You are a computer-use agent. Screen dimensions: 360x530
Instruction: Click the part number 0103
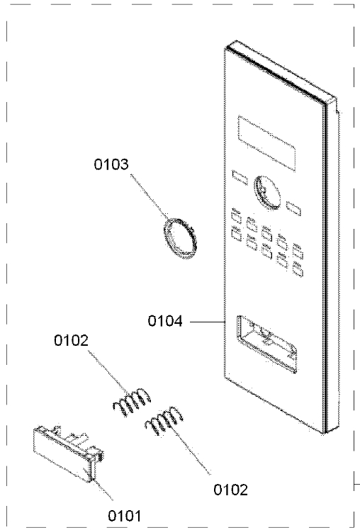coord(111,164)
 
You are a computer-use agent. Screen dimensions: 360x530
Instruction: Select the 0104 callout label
coord(165,321)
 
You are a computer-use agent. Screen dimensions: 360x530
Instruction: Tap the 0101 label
coord(125,516)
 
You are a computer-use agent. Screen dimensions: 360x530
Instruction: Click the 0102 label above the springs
coord(72,340)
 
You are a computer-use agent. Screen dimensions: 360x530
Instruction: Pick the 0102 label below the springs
coord(230,490)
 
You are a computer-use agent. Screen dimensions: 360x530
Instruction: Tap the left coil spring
coord(131,401)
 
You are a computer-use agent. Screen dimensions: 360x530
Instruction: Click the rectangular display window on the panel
coord(266,143)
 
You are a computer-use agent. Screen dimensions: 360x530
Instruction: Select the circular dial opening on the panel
coord(267,192)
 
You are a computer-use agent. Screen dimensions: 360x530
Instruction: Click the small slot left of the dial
coord(240,177)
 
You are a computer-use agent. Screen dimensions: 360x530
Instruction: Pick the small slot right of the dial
coord(293,208)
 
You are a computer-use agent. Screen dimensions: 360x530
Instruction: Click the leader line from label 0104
coord(208,322)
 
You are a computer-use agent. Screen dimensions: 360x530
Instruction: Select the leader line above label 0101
coord(103,490)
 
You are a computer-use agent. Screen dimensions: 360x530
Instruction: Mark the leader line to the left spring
coord(108,373)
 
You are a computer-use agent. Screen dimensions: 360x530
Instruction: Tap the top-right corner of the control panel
coord(337,98)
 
